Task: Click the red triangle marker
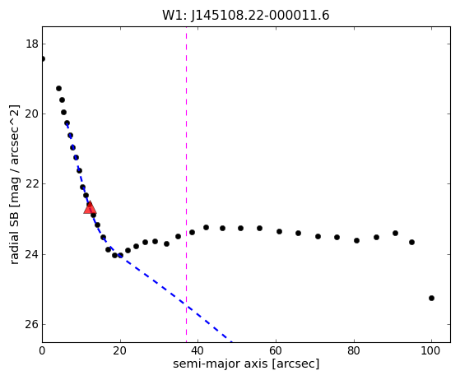90,207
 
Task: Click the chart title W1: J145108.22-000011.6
246,16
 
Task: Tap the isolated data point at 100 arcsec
431,299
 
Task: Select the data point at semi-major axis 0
43,59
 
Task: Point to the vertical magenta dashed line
186,184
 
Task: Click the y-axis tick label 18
32,44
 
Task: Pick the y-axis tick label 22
32,184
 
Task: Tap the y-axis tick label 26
32,324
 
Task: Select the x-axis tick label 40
198,350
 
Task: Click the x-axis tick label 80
354,350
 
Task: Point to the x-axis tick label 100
431,350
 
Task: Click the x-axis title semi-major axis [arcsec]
246,364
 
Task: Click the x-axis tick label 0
42,350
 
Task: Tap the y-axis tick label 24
32,254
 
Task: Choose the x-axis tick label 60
276,350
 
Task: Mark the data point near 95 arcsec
412,242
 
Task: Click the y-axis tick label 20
32,114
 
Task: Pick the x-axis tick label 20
120,350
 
